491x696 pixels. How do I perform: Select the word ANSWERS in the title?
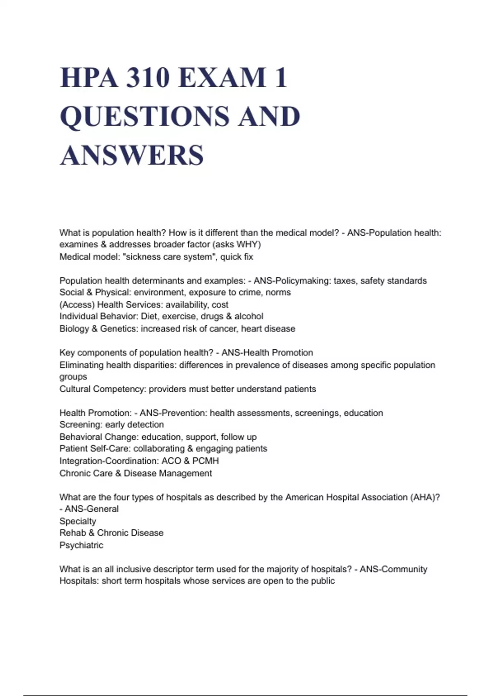click(132, 155)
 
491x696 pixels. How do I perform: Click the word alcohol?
click(249, 316)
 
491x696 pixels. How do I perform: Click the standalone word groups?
click(73, 377)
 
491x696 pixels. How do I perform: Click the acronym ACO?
click(171, 461)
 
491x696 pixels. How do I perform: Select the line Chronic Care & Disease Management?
click(135, 473)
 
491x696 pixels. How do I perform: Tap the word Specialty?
click(78, 521)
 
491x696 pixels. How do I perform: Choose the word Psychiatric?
click(81, 545)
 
